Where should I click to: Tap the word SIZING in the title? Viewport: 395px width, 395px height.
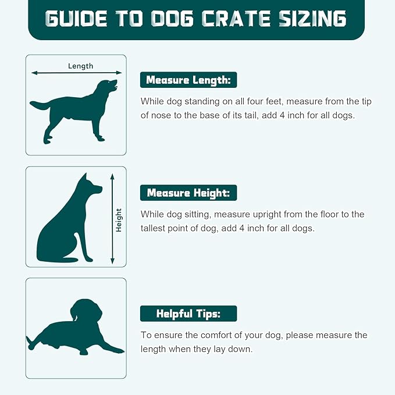pos(312,19)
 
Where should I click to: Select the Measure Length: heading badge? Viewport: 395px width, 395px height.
pos(188,80)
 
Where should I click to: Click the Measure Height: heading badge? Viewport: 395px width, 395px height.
pos(188,193)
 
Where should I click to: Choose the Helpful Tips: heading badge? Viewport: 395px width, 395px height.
pos(188,314)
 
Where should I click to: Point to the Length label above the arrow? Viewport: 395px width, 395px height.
pos(81,66)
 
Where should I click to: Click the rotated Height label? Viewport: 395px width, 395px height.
pos(119,220)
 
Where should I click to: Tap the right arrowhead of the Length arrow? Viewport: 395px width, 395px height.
pos(119,73)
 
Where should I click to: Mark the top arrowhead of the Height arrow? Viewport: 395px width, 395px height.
pos(112,177)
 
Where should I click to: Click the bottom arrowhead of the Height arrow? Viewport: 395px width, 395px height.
pos(112,261)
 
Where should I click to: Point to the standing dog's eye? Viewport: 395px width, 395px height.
pos(109,82)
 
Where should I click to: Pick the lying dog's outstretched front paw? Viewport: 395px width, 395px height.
pos(115,348)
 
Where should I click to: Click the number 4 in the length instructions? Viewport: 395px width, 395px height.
pos(282,115)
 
